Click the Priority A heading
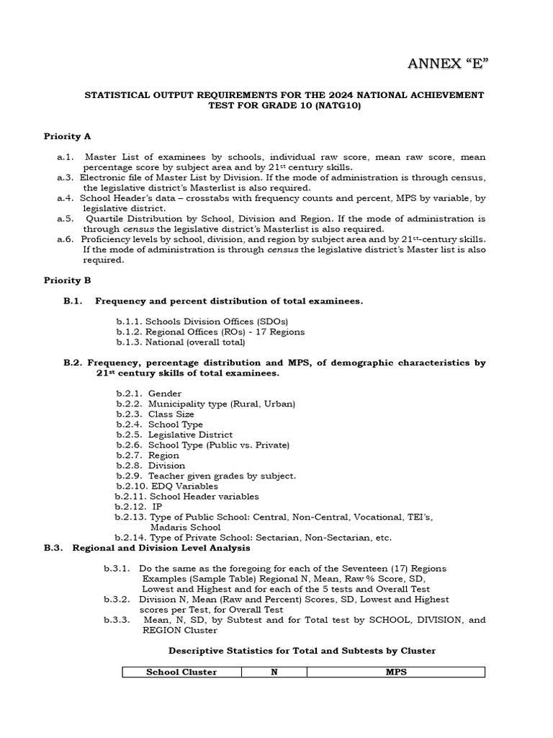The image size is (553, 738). click(67, 135)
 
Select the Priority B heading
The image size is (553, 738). click(67, 280)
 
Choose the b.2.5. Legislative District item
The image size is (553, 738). click(174, 435)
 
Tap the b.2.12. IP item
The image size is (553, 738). click(139, 507)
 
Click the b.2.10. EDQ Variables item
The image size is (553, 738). click(166, 486)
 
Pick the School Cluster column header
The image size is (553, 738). click(181, 672)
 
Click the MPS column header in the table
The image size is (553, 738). click(395, 672)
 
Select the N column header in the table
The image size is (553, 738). click(274, 672)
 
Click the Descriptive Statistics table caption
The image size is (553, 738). click(302, 651)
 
